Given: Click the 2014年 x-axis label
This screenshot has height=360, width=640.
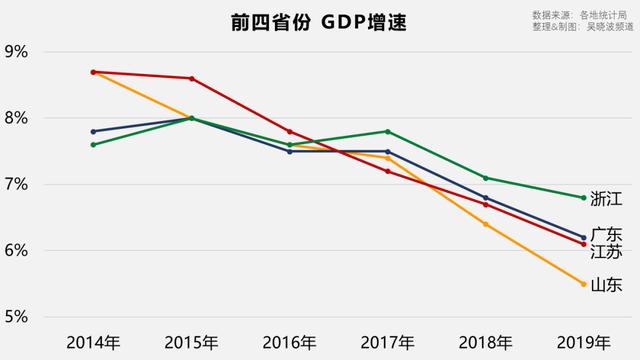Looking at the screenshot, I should coord(93,342).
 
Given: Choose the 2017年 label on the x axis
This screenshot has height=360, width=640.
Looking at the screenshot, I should coord(387,342).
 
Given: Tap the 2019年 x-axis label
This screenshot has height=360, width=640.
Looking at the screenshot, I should coord(583,342).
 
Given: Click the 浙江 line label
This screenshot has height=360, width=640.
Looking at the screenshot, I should coord(607,197).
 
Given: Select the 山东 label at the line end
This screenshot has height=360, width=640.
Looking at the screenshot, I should coord(607,285).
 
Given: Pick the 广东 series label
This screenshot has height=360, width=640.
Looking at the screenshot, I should coord(607,233).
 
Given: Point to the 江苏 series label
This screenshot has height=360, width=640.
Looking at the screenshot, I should coord(607,250).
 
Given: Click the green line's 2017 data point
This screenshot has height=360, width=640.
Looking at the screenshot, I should coord(387,131).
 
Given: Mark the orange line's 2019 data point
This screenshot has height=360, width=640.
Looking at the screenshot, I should coord(583,284).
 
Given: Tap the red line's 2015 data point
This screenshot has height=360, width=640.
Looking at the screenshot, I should coord(191,78).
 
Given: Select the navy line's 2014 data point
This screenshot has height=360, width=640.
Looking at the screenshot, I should coord(93,131).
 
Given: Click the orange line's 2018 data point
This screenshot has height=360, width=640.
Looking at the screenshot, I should coord(485,224).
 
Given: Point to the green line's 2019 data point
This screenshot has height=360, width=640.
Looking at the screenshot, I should coord(583,197).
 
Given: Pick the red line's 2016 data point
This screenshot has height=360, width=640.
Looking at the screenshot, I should coord(289,131).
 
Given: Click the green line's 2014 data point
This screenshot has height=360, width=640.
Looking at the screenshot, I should coord(93,144).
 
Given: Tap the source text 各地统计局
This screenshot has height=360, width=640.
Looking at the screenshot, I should coord(607,15).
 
